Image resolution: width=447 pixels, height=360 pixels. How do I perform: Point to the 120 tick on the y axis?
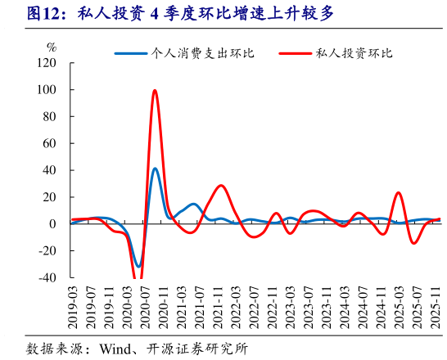[47, 63]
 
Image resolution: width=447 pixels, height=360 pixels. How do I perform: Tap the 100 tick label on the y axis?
[47, 90]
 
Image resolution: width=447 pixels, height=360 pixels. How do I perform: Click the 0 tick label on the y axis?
[53, 224]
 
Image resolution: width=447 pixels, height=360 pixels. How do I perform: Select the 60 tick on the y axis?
[50, 143]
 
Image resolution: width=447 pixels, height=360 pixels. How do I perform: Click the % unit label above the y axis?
[52, 47]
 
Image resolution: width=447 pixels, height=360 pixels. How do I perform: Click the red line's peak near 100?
[155, 90]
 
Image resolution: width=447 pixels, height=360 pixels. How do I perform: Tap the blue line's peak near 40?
[155, 169]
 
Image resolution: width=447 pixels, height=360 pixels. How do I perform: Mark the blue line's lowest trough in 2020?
[138, 267]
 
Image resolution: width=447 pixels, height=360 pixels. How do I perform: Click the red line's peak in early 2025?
[399, 193]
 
